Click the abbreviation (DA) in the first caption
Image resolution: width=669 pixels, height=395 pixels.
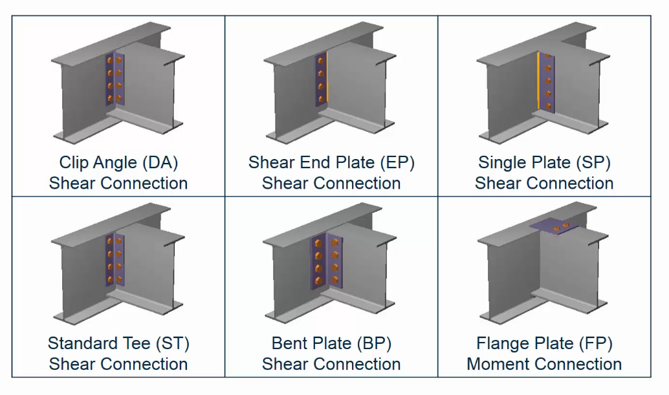point(160,163)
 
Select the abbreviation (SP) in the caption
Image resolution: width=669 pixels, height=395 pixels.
point(593,163)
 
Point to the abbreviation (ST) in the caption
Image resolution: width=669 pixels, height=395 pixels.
point(172,343)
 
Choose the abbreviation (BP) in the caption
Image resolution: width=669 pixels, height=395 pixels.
point(374,343)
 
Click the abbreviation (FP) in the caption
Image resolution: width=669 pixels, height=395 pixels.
point(595,343)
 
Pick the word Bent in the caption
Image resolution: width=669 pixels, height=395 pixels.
point(289,343)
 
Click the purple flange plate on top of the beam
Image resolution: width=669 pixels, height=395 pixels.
point(554,226)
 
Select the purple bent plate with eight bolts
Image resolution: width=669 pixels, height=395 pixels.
point(326,261)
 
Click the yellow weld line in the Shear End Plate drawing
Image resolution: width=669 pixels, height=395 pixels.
point(327,77)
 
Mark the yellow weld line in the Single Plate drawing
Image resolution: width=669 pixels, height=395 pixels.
point(538,81)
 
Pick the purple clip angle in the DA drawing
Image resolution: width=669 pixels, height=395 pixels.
point(115,80)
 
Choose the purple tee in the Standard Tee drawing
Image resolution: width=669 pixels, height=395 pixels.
point(115,260)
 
